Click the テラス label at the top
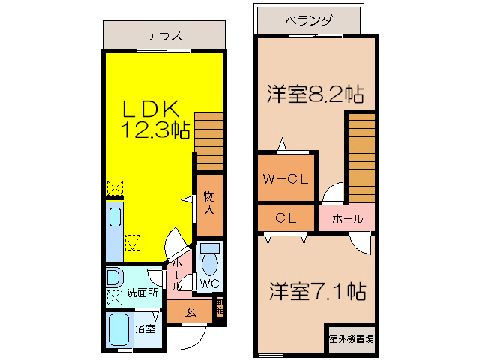pos(164,35)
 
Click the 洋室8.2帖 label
pos(316,94)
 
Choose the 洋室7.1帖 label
pos(316,291)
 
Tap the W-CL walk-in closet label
pos(285,179)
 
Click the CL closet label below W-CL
pos(285,219)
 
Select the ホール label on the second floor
pos(347,219)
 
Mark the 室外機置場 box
pos(351,339)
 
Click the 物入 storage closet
pos(209,203)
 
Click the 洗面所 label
pos(142,293)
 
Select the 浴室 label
pos(145,328)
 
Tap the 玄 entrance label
pos(190,311)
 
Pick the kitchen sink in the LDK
pos(115,219)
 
